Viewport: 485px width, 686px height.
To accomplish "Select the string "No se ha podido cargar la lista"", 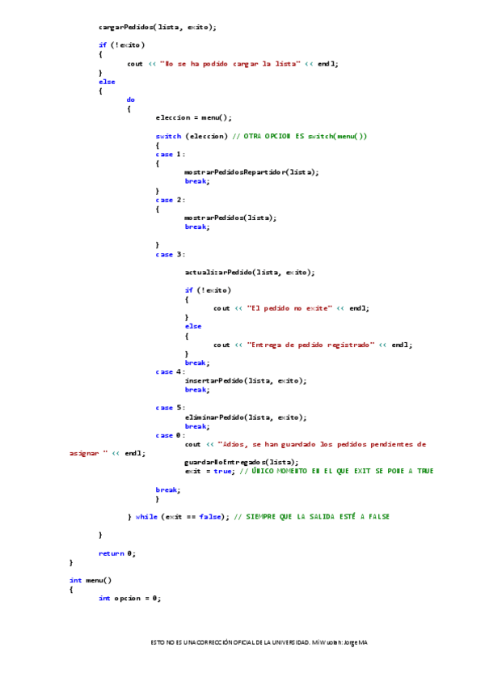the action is click(x=230, y=63).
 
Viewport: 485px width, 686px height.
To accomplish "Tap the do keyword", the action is click(x=131, y=100).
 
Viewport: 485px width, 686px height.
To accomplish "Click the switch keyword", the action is click(x=168, y=136).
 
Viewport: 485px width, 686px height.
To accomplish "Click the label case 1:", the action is click(x=170, y=154).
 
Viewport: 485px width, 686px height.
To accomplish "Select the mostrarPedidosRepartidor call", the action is click(x=251, y=172).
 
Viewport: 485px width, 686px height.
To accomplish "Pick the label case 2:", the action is click(x=170, y=199).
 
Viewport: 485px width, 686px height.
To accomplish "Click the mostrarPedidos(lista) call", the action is click(x=230, y=217).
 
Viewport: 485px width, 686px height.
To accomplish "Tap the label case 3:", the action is click(x=170, y=254).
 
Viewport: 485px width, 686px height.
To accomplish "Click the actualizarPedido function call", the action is click(x=249, y=272).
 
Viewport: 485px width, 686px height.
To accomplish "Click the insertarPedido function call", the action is click(x=245, y=380).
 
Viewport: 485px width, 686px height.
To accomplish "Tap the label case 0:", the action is click(x=170, y=435).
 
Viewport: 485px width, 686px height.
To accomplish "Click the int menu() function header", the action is click(x=91, y=580).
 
